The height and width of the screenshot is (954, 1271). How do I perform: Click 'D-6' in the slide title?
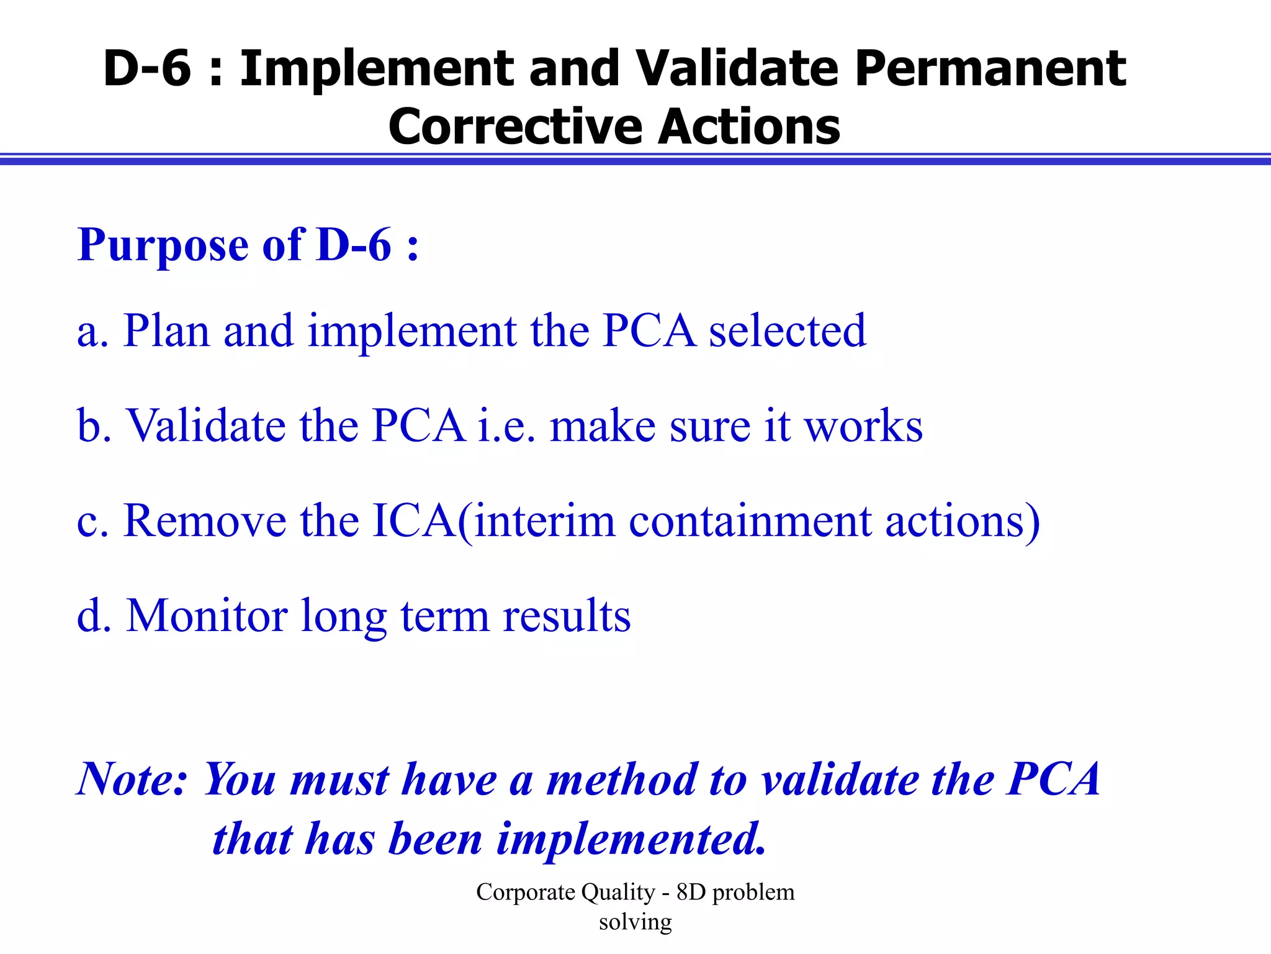[x=147, y=68]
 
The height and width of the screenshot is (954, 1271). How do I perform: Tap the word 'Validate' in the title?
[x=737, y=68]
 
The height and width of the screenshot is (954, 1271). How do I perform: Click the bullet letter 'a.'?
[x=93, y=332]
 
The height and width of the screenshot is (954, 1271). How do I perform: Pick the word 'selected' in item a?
[x=787, y=332]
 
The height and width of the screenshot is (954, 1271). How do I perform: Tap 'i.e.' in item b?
[x=506, y=426]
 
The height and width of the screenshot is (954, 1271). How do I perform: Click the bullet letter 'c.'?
[x=93, y=522]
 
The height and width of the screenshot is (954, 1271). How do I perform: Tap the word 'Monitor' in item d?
[x=207, y=616]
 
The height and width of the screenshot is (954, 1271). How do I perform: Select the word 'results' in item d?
[x=567, y=617]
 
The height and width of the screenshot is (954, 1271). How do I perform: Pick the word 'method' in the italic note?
[x=621, y=779]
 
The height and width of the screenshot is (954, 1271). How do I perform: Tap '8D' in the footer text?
[x=691, y=893]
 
